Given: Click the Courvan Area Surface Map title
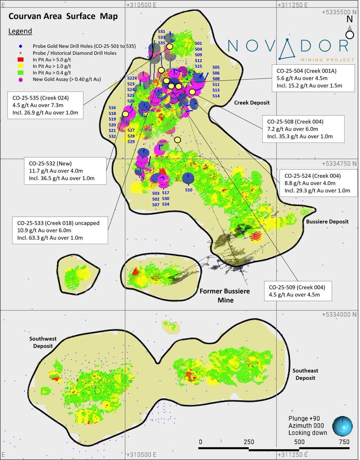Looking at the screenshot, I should coord(63,16).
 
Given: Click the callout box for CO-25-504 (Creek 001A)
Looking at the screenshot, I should coord(312,78).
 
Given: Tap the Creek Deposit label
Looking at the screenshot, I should coord(252,103).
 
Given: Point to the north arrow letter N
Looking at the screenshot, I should coord(349,19).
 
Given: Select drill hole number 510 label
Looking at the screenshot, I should coord(188,190).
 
